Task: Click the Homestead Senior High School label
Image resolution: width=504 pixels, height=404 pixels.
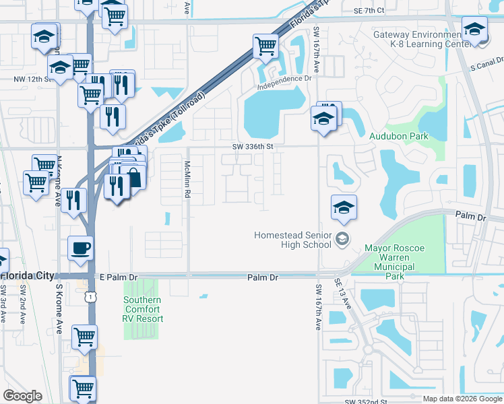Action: click(x=292, y=240)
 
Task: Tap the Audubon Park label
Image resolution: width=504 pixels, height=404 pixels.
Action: click(x=398, y=135)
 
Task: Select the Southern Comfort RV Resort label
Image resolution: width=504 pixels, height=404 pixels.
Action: click(x=142, y=309)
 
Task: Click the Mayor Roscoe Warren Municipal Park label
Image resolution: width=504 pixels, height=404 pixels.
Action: click(x=394, y=262)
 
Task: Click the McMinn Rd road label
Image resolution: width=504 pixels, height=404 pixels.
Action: click(x=188, y=179)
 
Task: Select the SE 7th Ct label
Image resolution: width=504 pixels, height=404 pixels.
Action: click(x=368, y=10)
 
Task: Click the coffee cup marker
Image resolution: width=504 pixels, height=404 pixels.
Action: click(x=80, y=248)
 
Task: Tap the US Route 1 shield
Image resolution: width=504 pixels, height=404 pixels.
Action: click(x=90, y=297)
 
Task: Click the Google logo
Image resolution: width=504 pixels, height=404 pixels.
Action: click(x=22, y=396)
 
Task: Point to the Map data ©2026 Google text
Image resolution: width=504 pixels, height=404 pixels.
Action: click(x=462, y=399)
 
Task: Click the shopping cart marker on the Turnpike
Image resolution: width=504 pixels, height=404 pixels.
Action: click(x=265, y=47)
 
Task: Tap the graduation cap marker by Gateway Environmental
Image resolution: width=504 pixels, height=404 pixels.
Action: click(x=474, y=30)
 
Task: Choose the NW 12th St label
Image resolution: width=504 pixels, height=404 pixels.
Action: click(x=32, y=79)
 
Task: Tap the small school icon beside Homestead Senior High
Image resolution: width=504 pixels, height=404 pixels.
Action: click(x=342, y=238)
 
